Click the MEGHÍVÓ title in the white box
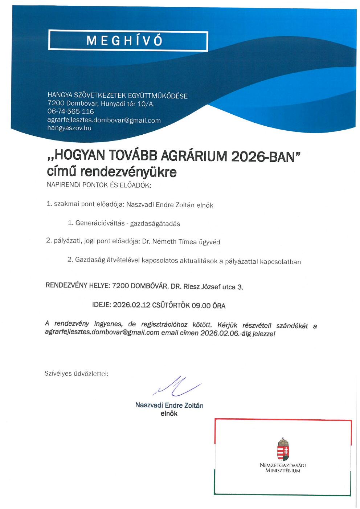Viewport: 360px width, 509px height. pos(125,41)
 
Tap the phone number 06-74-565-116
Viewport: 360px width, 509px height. pos(70,111)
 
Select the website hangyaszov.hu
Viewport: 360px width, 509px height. pos(69,128)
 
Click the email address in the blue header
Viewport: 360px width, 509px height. pos(104,120)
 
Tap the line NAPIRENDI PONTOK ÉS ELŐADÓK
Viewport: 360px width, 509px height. pos(99,185)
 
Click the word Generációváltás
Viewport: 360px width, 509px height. pos(100,223)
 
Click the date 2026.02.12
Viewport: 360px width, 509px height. pos(131,305)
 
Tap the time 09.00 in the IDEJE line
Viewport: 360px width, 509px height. pos(201,305)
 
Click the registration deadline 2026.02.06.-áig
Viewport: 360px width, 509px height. pos(226,333)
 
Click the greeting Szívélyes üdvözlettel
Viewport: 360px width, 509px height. pos(76,373)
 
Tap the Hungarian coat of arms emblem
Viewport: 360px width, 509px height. pos(283,449)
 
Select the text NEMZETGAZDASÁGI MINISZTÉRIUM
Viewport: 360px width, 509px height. pos(283,468)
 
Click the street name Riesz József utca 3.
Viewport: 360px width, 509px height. pos(213,287)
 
